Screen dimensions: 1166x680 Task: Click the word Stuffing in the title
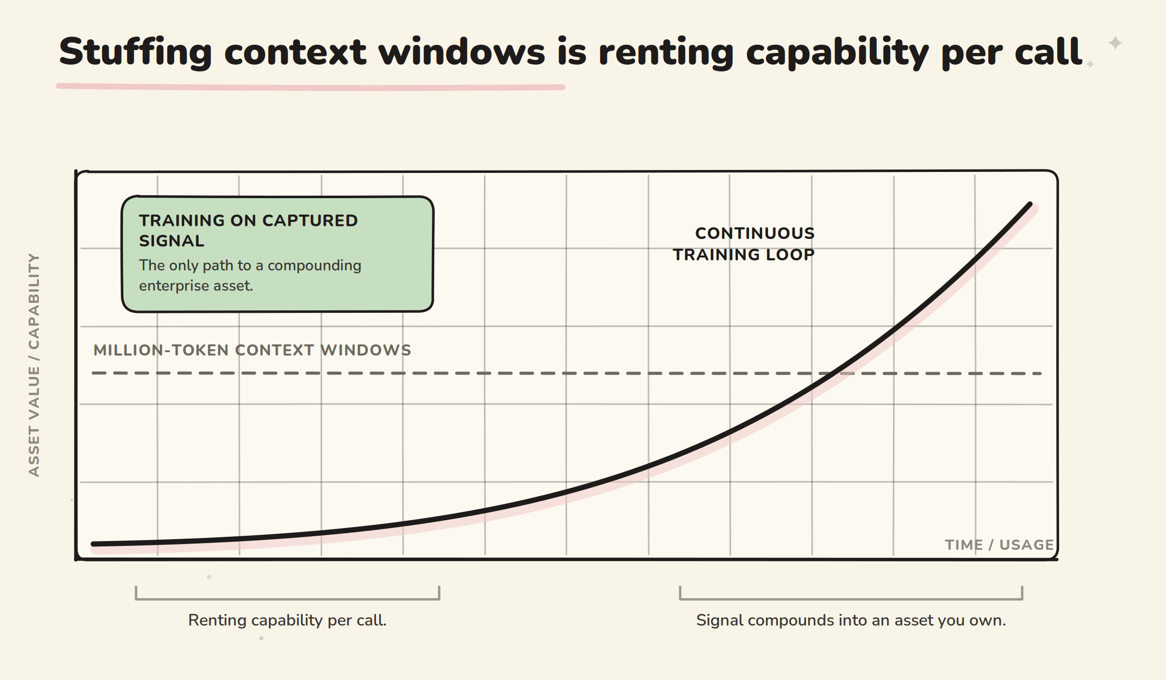tap(136, 52)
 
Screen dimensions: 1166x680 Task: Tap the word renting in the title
tap(666, 52)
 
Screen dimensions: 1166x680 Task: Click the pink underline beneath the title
tap(310, 87)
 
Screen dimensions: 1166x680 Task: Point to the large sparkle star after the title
tap(1115, 43)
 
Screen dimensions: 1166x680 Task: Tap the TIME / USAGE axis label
tap(999, 545)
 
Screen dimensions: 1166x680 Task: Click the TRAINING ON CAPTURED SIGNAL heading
tap(248, 231)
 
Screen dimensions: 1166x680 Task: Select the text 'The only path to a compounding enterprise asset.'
tap(250, 275)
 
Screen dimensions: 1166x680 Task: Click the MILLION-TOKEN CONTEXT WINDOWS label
tap(252, 350)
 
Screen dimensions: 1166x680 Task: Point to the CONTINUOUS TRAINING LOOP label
tap(744, 244)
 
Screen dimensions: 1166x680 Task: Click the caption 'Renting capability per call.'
tap(287, 620)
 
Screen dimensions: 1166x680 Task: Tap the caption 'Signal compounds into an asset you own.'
tap(851, 620)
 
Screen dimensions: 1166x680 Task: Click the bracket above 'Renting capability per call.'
tap(288, 599)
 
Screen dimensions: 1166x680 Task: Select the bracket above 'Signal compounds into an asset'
tap(851, 599)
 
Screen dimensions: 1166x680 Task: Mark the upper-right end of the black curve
tap(1030, 204)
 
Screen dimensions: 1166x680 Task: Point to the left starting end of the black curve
tap(93, 544)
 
